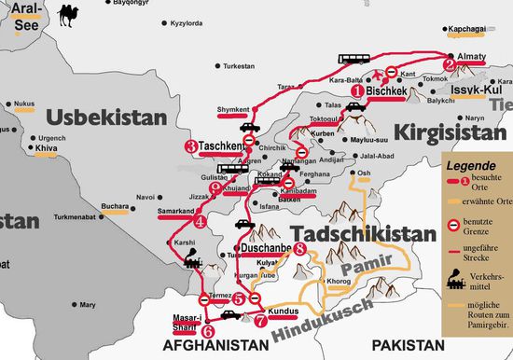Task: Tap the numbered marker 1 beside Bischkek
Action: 356,92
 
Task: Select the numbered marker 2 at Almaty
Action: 449,65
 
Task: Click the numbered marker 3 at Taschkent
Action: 191,146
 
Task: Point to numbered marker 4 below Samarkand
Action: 201,222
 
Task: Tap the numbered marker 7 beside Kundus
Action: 259,319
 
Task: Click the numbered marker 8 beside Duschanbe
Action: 298,250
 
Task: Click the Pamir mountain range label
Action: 363,270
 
